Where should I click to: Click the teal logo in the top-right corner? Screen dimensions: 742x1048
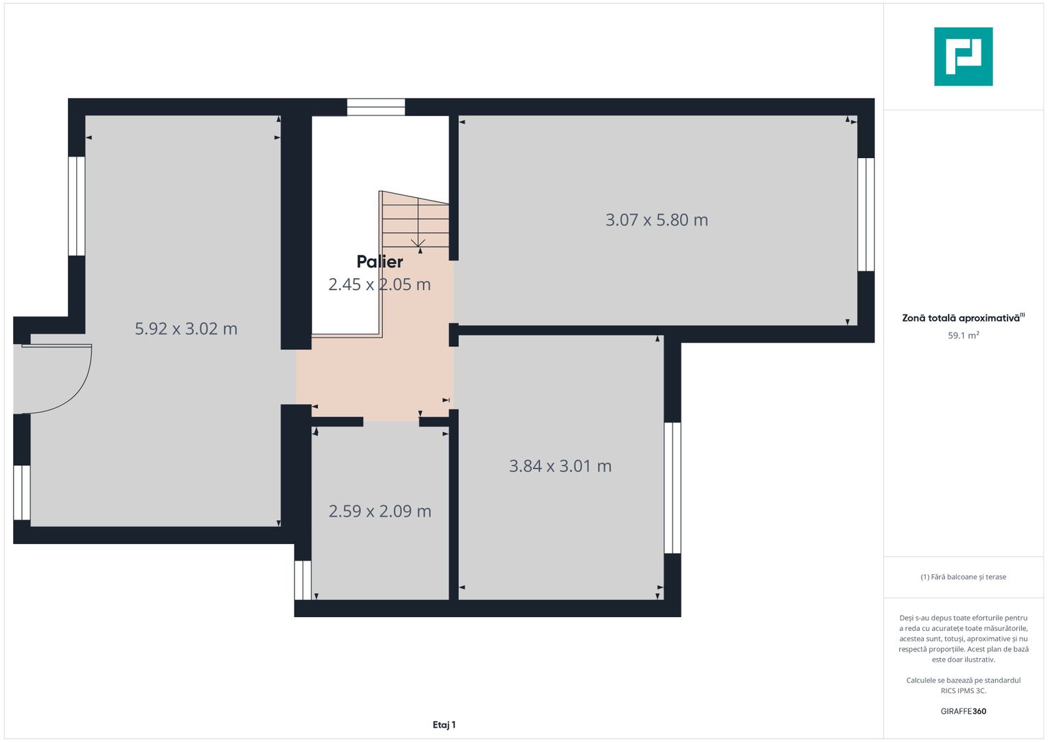point(963,56)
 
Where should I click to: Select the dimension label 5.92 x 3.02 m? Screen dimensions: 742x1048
point(186,328)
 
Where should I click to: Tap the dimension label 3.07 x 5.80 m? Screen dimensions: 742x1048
point(656,220)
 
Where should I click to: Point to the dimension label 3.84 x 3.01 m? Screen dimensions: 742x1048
point(560,466)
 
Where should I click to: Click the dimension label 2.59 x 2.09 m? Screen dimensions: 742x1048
point(380,511)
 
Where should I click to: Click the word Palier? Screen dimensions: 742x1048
point(380,262)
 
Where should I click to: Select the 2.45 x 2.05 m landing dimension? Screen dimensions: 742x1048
point(379,284)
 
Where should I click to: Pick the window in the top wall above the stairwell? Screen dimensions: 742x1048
point(375,107)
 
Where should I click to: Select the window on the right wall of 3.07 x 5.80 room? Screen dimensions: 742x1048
point(866,214)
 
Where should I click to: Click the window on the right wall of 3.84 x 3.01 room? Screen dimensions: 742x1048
point(673,488)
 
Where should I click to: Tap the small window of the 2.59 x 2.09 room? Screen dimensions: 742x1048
point(303,580)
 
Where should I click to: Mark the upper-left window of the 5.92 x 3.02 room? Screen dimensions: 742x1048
point(76,206)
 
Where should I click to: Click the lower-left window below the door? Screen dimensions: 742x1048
point(22,493)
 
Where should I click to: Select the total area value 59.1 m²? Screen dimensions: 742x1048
point(963,336)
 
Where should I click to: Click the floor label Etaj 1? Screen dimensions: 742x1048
point(444,725)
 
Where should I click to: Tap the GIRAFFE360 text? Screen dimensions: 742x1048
point(963,711)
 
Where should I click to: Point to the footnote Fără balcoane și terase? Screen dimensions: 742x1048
point(963,577)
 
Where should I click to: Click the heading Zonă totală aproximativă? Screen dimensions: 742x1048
point(961,318)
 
